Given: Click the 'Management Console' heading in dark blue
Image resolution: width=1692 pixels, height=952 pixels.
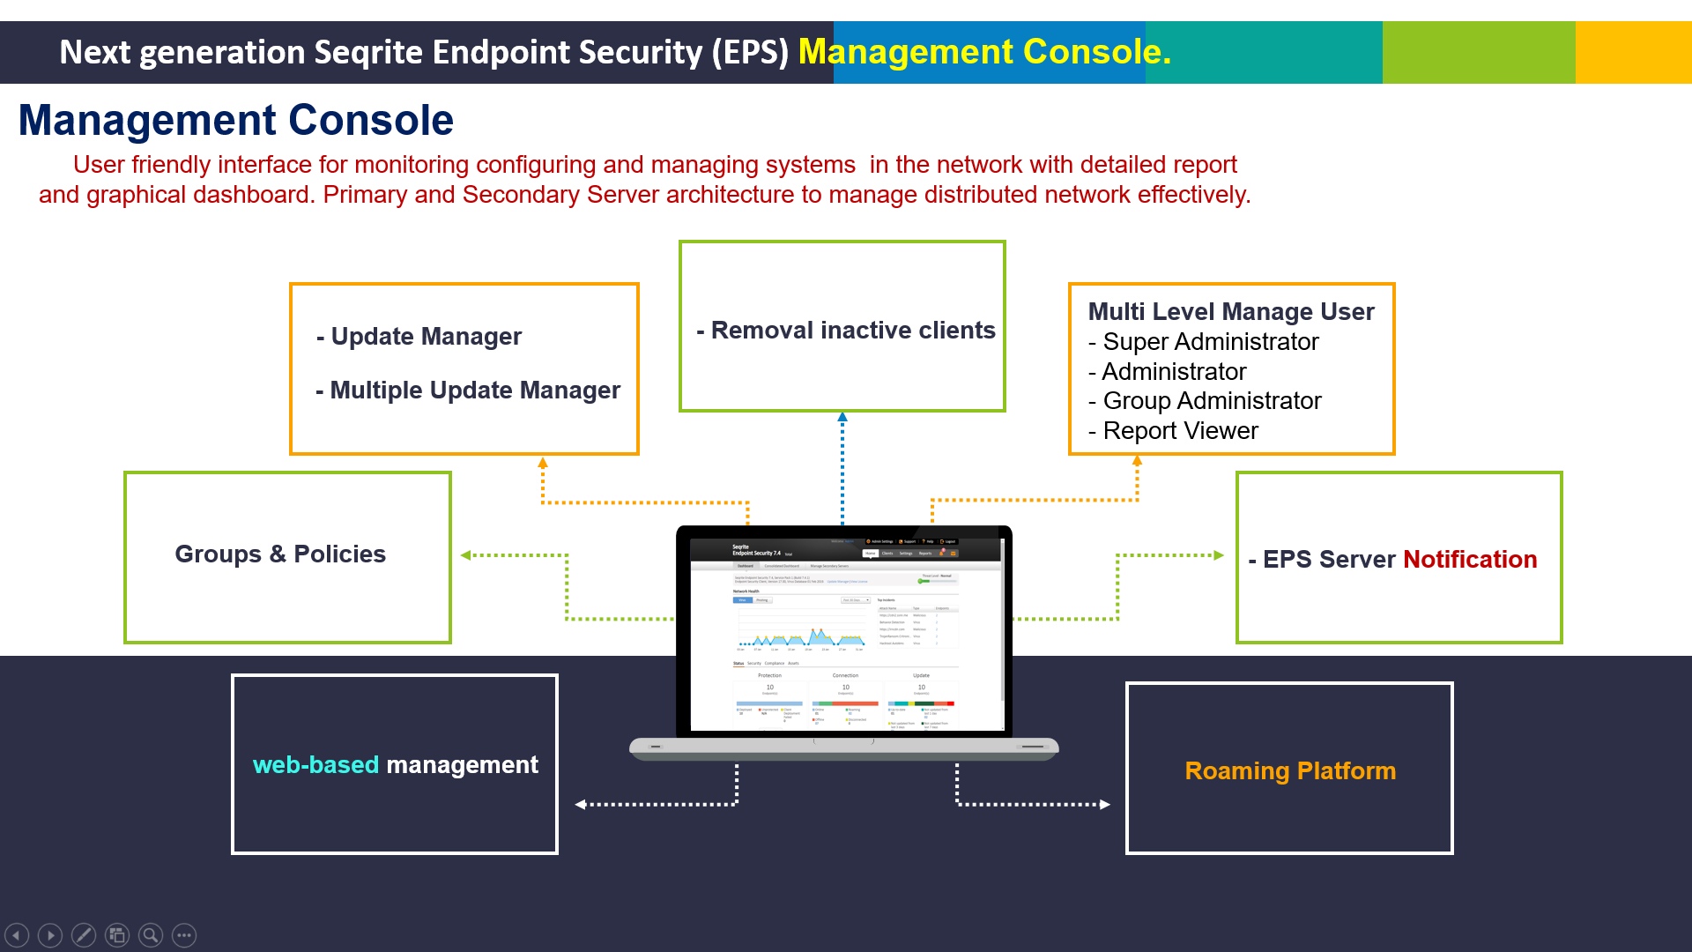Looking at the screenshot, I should tap(235, 120).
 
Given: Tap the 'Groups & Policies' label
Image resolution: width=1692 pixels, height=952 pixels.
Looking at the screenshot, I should tap(279, 554).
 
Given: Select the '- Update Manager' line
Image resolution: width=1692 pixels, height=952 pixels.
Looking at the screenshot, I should tap(419, 336).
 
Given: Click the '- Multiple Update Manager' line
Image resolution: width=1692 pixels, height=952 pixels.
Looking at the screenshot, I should tap(468, 390).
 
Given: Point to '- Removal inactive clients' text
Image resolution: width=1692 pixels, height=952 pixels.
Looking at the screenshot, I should tap(845, 330).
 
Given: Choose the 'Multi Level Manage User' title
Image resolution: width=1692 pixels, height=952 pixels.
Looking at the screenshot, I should tap(1230, 311).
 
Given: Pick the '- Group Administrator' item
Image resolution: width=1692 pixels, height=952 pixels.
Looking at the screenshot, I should tap(1205, 400).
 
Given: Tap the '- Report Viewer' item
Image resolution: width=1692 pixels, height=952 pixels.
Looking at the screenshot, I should tap(1173, 430).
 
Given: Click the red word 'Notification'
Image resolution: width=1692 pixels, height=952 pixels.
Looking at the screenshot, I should tap(1469, 559).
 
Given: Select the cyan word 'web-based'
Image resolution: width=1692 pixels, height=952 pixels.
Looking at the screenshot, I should tap(315, 764).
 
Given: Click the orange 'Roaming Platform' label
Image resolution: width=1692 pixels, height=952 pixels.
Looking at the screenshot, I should tap(1289, 770).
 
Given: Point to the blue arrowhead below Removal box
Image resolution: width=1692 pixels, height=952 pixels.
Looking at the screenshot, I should tap(842, 417).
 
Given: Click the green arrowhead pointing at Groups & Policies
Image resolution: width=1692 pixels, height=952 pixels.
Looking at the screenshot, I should tap(465, 555).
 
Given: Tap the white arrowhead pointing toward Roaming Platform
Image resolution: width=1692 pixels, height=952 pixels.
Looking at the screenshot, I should tap(1105, 804).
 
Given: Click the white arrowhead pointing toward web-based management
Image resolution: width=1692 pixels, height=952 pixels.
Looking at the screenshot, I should tap(580, 804).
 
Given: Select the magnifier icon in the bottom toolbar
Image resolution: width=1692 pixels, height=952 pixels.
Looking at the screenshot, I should tap(151, 934).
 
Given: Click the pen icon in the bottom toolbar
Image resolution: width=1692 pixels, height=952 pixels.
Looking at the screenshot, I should tap(84, 934).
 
